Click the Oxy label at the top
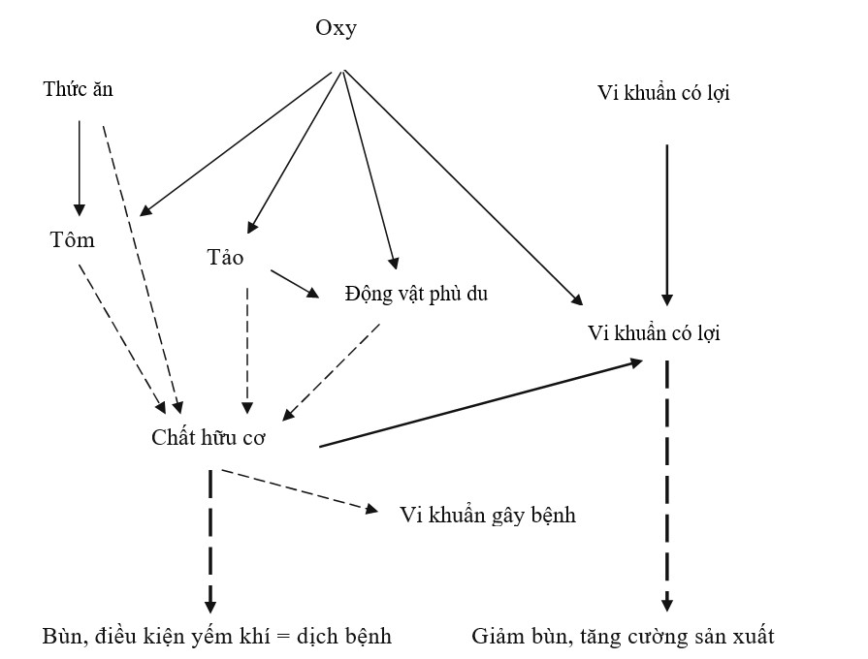[336, 28]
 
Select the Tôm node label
[73, 240]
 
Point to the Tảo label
[225, 258]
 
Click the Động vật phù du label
[416, 294]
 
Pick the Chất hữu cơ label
[209, 437]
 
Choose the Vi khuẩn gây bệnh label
[488, 515]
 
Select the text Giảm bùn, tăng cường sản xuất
[624, 637]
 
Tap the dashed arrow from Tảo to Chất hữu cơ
[249, 344]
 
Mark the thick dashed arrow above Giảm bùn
[666, 485]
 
